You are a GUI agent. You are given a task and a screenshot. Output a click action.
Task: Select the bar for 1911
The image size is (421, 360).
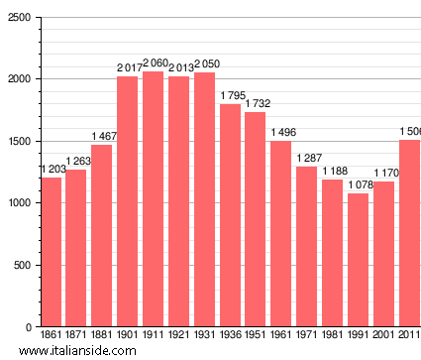coord(154,198)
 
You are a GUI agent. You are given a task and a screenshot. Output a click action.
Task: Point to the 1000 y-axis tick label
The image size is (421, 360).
coord(18,203)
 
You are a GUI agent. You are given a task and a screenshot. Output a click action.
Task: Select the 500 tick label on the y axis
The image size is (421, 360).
coord(22,266)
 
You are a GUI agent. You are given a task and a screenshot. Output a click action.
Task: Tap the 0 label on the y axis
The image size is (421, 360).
coord(29,327)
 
